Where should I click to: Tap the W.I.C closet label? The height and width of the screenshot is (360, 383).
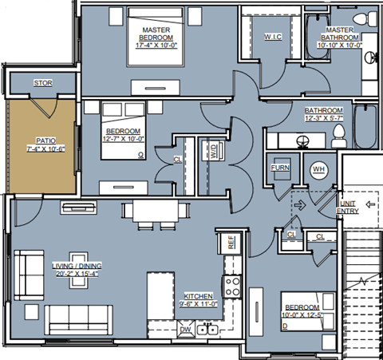pos(272,37)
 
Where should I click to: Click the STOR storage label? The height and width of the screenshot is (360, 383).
pos(42,83)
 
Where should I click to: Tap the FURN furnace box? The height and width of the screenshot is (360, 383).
pos(280,168)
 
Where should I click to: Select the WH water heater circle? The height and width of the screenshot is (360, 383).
pos(318,168)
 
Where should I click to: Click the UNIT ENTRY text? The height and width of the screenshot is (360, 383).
pos(348,208)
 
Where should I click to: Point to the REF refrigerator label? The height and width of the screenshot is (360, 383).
pos(231,243)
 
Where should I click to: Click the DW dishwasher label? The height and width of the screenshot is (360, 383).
pos(184,328)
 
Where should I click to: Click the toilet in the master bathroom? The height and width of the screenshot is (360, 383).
pos(368,18)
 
